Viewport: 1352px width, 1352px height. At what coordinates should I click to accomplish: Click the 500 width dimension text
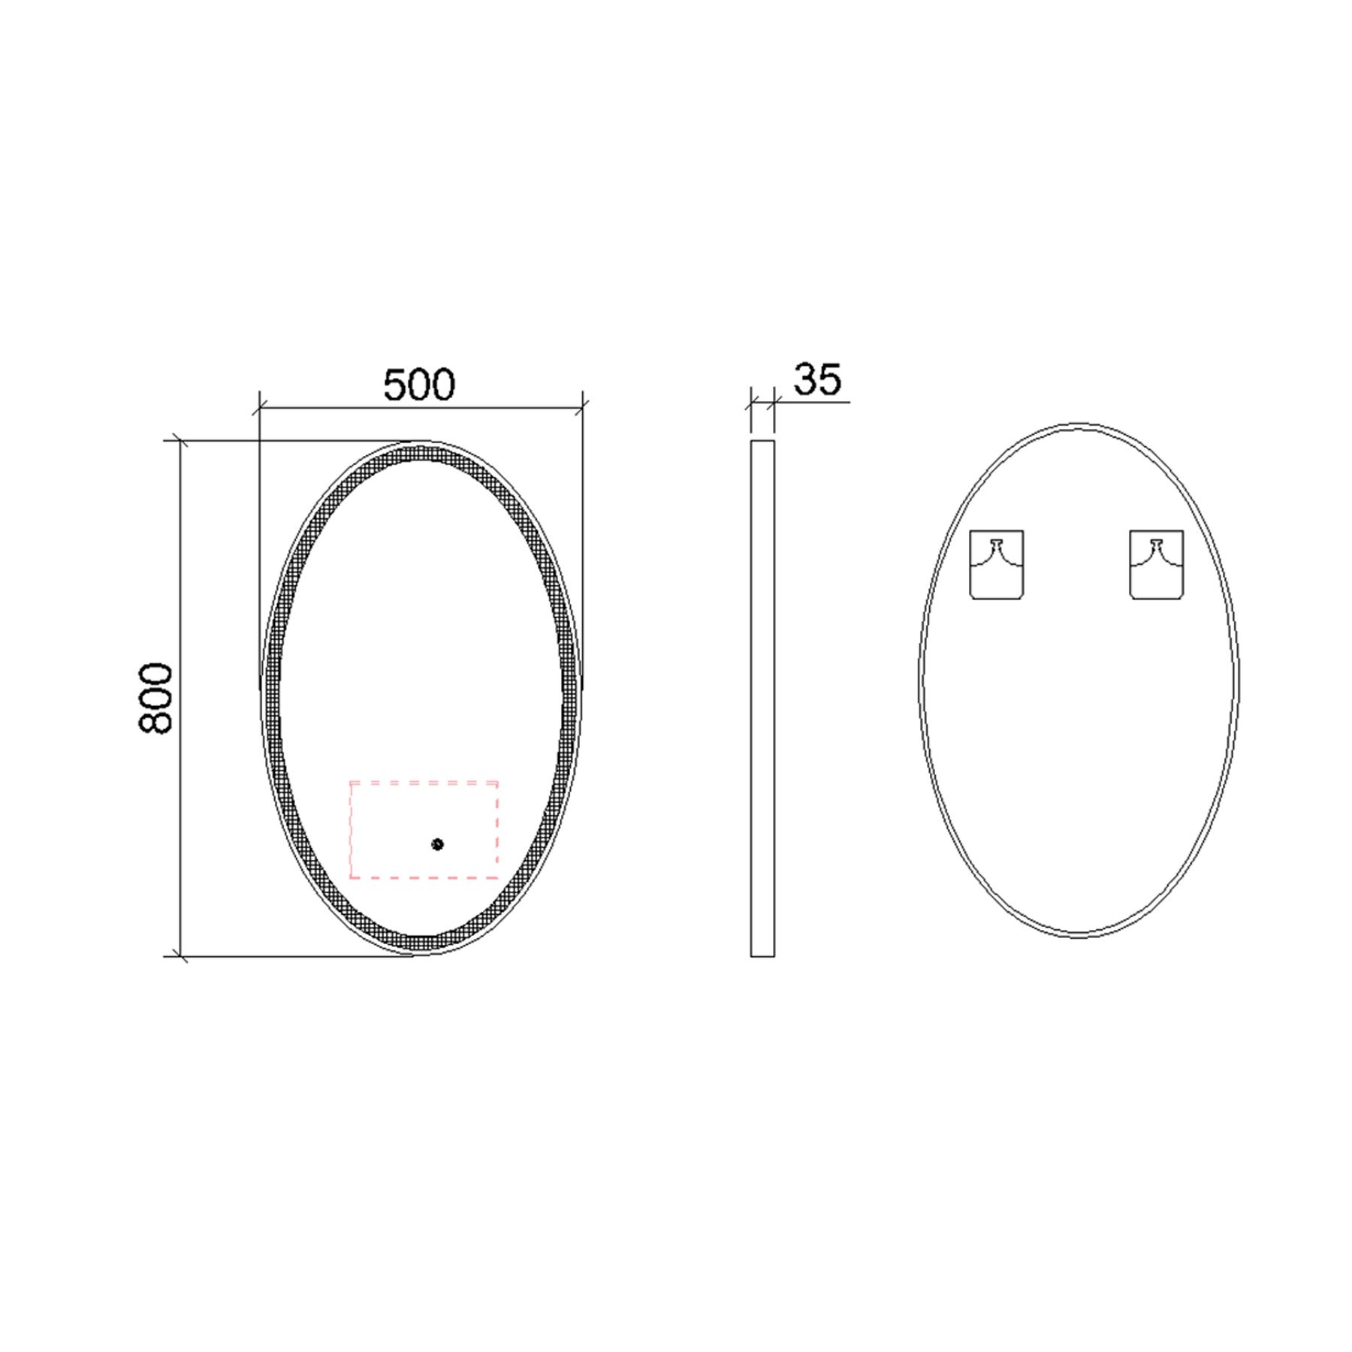[x=419, y=385]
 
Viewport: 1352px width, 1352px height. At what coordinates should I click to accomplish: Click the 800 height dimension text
[x=156, y=698]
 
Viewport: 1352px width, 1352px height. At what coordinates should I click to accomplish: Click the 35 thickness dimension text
[x=817, y=379]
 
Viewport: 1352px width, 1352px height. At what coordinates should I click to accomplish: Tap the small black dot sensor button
[x=437, y=844]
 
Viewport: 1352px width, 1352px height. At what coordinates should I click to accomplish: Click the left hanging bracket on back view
[x=996, y=565]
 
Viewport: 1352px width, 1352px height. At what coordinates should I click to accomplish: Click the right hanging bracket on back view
[x=1156, y=565]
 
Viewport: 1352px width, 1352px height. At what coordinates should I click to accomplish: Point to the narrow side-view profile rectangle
[x=762, y=699]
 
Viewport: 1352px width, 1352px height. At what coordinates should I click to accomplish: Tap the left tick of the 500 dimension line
[x=259, y=409]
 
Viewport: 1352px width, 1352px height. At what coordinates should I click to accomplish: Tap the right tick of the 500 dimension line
[x=582, y=409]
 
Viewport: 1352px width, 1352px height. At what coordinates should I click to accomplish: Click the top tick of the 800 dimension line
[x=180, y=441]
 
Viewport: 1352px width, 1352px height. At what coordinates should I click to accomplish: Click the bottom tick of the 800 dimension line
[x=180, y=956]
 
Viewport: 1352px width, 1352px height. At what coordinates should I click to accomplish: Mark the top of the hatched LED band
[x=421, y=452]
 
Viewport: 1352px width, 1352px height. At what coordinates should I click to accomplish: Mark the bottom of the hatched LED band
[x=421, y=944]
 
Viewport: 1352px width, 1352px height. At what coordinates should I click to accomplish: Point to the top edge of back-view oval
[x=1079, y=425]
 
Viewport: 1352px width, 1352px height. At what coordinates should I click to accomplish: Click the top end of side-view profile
[x=762, y=442]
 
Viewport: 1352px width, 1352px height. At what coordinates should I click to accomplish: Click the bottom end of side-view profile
[x=762, y=955]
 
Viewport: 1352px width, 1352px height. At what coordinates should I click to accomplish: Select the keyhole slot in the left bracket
[x=997, y=543]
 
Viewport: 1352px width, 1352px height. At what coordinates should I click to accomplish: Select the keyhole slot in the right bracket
[x=1157, y=543]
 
